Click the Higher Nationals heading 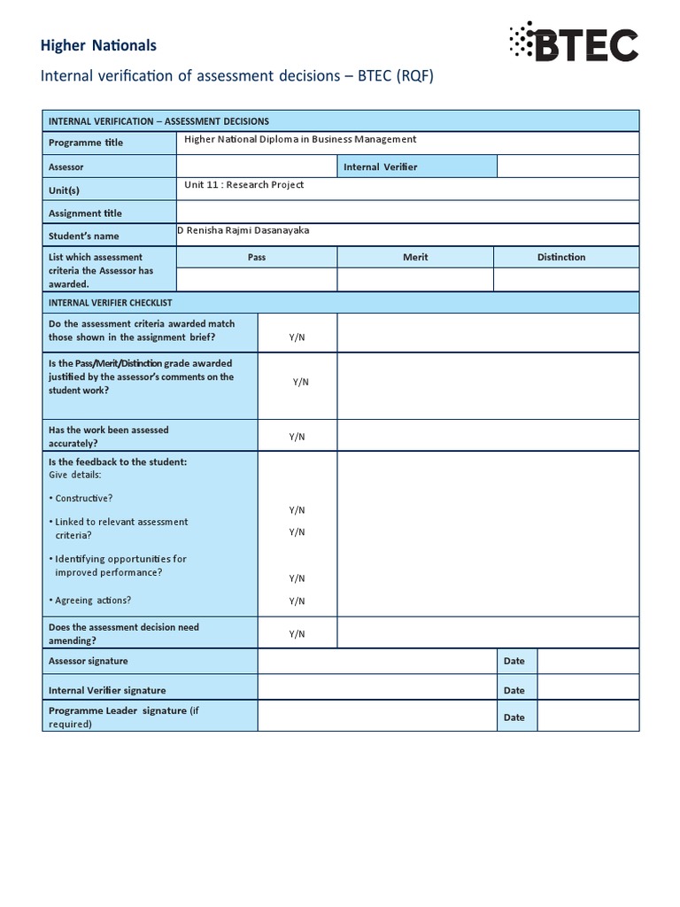(x=99, y=45)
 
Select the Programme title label (x=86, y=143)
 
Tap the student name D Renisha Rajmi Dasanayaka (x=244, y=230)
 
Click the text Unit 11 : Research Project (x=243, y=184)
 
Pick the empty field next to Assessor (x=257, y=167)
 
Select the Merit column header (x=415, y=257)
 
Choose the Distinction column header (x=561, y=257)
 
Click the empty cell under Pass (x=257, y=279)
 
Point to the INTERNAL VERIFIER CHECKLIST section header (x=111, y=302)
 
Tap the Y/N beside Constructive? (x=297, y=511)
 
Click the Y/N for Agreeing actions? (x=297, y=601)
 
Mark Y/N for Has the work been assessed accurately (x=297, y=437)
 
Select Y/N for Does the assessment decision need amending (x=297, y=634)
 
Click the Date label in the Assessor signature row (x=514, y=661)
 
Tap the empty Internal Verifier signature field (x=376, y=690)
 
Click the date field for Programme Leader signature (x=588, y=717)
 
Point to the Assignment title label (x=85, y=213)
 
